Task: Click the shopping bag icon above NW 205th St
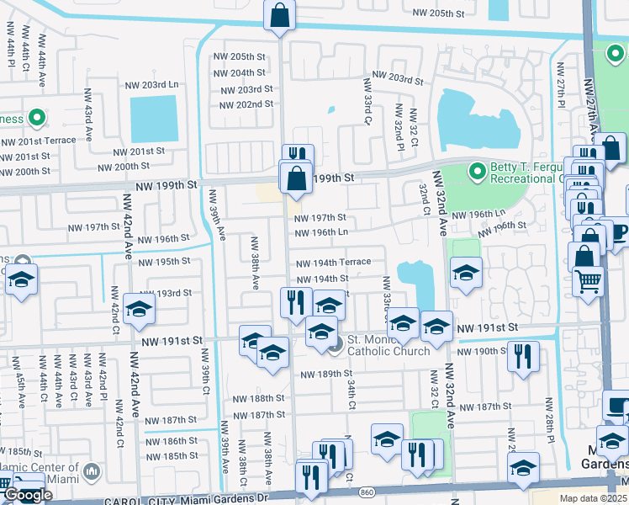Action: (x=280, y=15)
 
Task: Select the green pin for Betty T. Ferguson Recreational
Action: (x=478, y=173)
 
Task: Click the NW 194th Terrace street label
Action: (x=333, y=263)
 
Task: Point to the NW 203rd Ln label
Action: (x=151, y=85)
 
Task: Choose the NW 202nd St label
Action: (x=246, y=104)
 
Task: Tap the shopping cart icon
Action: (x=589, y=280)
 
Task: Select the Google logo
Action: (x=28, y=495)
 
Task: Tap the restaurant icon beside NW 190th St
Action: (x=523, y=357)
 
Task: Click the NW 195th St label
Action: (x=165, y=262)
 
